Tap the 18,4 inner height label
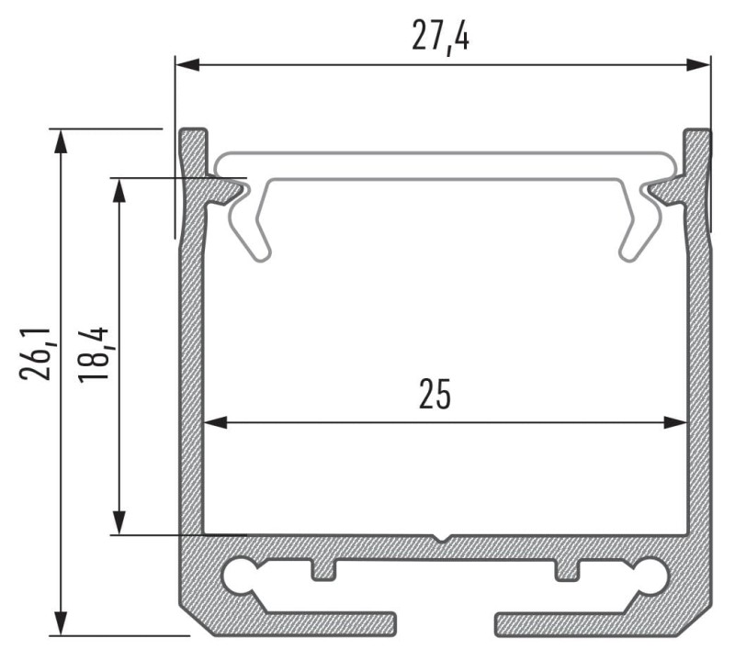coord(94,352)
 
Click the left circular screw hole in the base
coord(243,576)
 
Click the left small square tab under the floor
coord(323,569)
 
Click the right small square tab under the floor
coord(567,569)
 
